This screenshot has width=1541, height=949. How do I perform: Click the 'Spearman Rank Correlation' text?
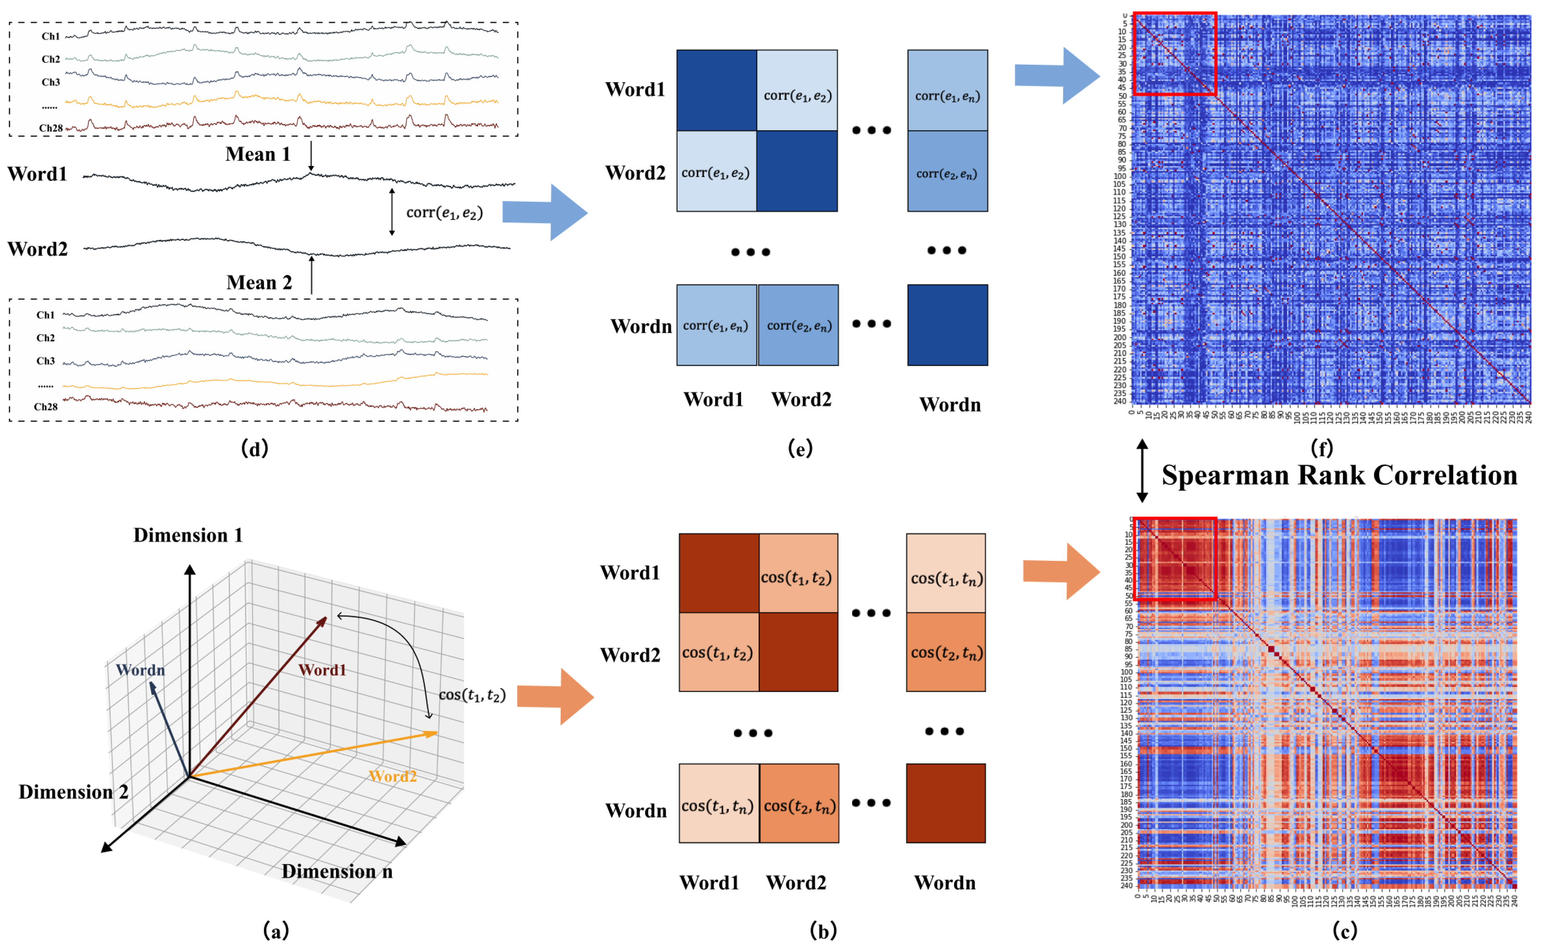click(x=1339, y=475)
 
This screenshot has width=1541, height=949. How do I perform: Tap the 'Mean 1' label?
click(x=258, y=154)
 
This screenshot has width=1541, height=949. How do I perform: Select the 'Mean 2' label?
click(x=259, y=283)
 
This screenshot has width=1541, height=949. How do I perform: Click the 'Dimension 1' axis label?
click(x=188, y=535)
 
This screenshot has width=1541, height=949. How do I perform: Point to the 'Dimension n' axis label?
click(x=337, y=871)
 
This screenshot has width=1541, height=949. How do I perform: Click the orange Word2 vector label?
click(x=392, y=776)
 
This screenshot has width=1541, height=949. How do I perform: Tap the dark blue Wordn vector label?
click(x=140, y=670)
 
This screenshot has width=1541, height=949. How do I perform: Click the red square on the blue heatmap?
click(x=1175, y=54)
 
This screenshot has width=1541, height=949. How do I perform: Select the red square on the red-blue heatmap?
click(x=1175, y=559)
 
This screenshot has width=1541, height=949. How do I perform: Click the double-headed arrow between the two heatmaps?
click(x=1142, y=470)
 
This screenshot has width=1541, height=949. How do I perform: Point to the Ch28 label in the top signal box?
click(x=50, y=128)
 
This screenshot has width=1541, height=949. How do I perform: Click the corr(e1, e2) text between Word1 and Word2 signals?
click(x=444, y=213)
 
